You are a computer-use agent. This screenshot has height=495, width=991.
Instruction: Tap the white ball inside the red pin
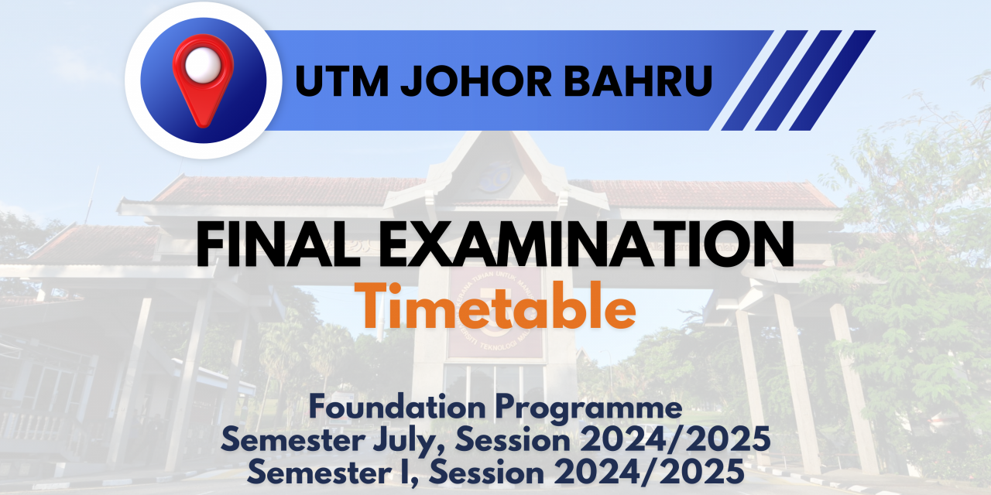click(x=203, y=64)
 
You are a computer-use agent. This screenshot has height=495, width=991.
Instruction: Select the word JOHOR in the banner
click(x=475, y=81)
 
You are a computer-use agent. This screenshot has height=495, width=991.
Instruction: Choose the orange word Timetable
click(x=495, y=306)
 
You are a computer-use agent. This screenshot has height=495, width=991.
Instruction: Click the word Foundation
click(x=397, y=407)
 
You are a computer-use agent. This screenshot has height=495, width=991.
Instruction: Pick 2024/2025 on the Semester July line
click(x=675, y=440)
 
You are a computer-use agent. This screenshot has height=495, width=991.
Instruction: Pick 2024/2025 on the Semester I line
click(x=650, y=472)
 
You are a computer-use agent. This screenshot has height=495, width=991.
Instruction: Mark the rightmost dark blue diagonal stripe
click(x=832, y=80)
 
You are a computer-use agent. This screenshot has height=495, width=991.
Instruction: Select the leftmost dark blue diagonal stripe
click(x=764, y=80)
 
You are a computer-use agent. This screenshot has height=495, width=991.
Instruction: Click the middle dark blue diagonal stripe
click(x=798, y=80)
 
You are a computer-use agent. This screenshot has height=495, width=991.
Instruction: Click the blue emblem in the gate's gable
click(x=495, y=176)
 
